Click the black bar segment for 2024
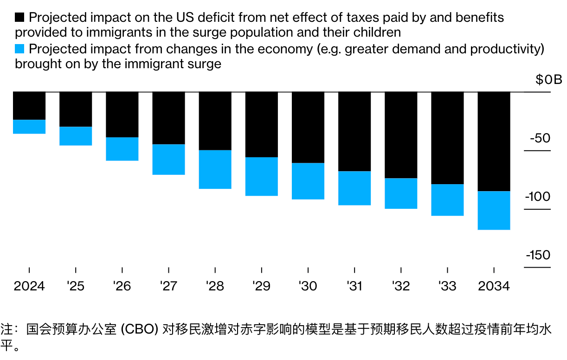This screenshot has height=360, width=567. point(29,106)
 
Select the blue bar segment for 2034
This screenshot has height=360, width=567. point(494,210)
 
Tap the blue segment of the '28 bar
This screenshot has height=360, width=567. point(215,169)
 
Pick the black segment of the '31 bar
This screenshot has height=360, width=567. point(354,132)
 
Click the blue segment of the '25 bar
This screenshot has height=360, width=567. point(76,136)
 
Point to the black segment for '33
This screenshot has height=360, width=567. point(447,138)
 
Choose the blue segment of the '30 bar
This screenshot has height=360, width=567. point(308,181)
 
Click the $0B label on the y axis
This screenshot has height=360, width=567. point(548,80)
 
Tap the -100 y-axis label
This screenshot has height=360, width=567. point(538,197)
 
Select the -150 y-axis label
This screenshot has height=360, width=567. point(538,255)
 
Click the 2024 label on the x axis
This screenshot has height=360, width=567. point(29,286)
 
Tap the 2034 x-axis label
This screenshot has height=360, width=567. point(494,286)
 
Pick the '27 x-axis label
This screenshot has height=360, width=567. point(168,286)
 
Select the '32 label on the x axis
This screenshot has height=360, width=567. point(401,286)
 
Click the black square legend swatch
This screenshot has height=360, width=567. point(20,18)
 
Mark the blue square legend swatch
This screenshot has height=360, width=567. point(20,49)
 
